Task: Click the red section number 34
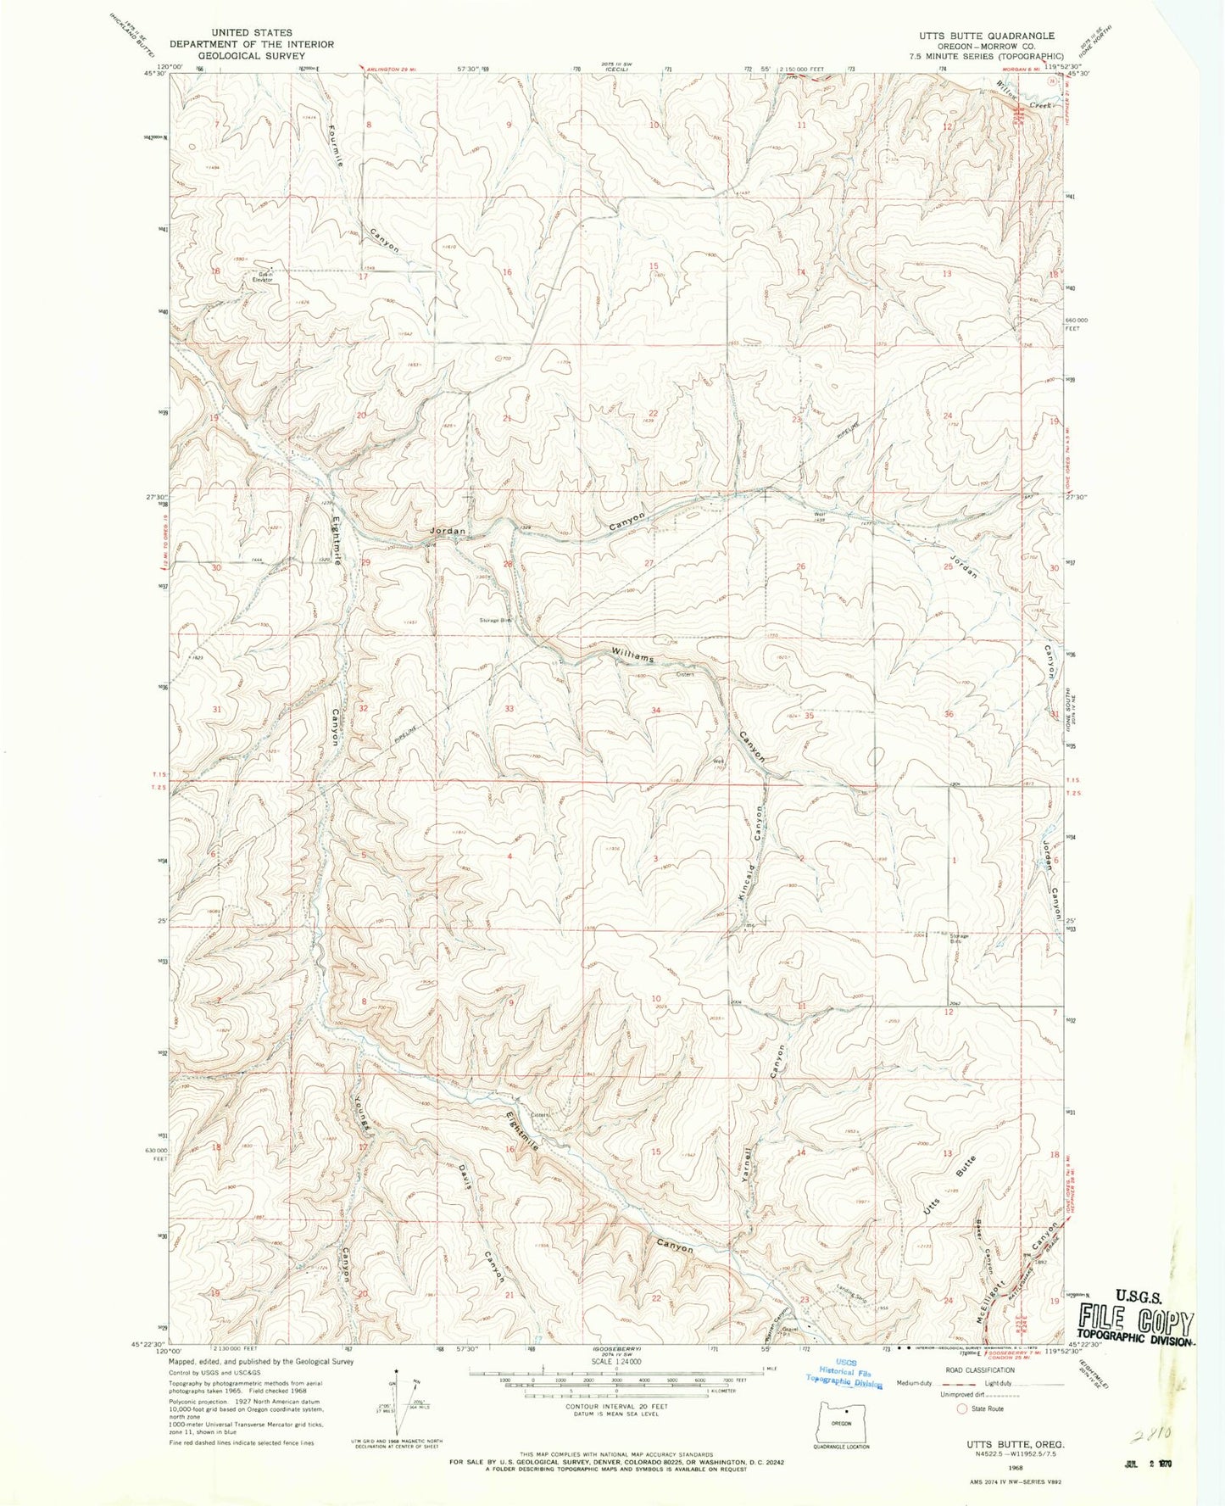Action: click(655, 710)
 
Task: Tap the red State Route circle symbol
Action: click(961, 1408)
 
